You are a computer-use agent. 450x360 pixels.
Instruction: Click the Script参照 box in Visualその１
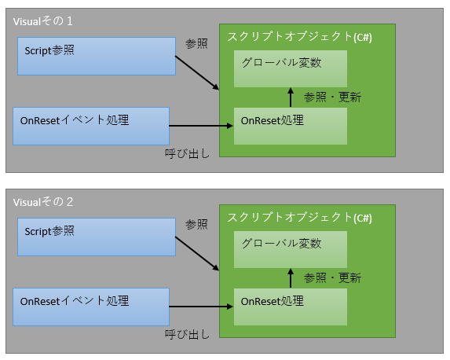97,57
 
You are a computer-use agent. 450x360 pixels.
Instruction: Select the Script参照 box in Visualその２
97,237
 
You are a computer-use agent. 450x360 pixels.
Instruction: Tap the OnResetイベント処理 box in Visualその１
91,126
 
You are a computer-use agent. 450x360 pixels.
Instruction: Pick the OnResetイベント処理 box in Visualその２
91,307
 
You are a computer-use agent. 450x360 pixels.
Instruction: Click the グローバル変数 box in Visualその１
291,68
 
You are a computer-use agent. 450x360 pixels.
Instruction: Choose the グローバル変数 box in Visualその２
291,249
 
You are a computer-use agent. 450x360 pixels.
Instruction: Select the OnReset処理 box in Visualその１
291,126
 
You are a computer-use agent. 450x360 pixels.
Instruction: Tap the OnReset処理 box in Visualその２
291,307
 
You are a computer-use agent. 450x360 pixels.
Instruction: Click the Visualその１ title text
43,21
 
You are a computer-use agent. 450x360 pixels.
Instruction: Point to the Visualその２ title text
43,202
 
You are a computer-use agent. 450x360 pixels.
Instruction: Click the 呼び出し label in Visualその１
187,154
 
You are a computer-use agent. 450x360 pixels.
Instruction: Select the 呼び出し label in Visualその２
187,334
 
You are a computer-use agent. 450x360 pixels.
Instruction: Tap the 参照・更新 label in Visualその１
333,97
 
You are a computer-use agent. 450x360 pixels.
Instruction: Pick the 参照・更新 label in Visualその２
333,277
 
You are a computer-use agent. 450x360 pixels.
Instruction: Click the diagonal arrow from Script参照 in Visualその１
197,73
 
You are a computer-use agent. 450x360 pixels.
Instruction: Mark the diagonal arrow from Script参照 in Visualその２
197,254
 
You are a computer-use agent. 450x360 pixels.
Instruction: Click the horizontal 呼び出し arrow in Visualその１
201,126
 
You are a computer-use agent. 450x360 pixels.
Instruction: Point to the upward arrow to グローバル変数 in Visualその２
291,278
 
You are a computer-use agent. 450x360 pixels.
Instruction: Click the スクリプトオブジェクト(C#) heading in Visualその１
300,37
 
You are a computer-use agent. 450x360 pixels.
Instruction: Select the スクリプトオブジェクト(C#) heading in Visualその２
300,218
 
